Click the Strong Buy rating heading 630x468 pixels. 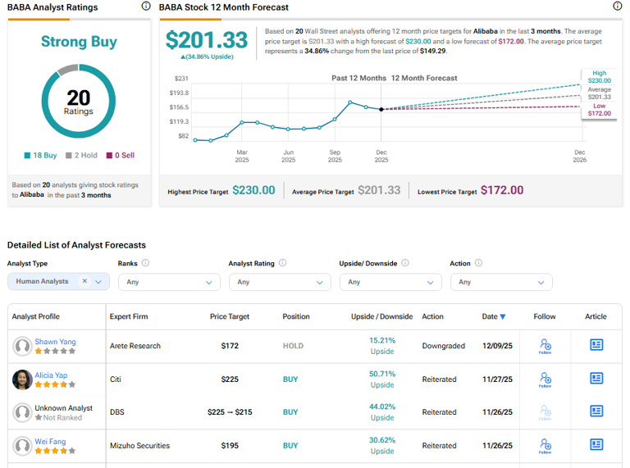coord(79,41)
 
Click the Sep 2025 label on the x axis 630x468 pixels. coord(335,156)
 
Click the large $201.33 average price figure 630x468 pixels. coord(206,39)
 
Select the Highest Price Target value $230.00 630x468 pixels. coord(253,190)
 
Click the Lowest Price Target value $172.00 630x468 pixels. coord(502,190)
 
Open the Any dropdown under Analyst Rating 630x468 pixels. coord(279,282)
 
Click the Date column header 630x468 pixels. coord(493,316)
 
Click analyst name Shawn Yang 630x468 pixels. coord(55,341)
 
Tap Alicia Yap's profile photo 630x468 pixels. coord(22,379)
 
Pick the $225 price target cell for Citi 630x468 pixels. coord(230,379)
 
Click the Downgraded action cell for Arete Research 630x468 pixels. coord(444,346)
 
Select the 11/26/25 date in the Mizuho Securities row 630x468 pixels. coord(497,446)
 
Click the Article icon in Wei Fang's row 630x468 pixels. coord(596,445)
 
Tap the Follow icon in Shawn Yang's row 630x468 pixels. coord(545,346)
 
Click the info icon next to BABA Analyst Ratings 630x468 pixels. coord(146,7)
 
